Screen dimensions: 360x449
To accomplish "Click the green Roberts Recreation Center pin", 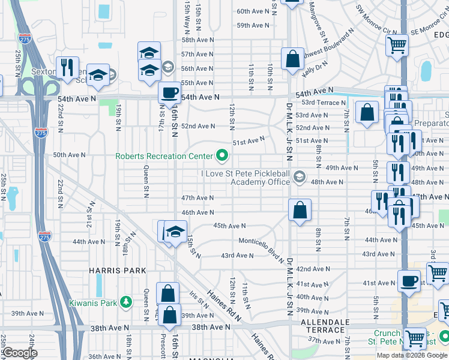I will [223, 156].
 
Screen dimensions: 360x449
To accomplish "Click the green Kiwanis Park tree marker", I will [125, 302].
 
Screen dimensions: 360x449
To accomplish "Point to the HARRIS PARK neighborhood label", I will [118, 271].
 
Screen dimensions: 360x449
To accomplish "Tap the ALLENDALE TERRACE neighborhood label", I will [324, 327].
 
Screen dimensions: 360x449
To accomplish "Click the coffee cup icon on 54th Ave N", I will [169, 93].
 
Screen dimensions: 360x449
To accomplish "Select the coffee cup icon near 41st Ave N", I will [410, 280].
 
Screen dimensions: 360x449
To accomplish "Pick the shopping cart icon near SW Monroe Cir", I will [397, 44].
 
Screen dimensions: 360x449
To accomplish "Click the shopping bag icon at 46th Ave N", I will [300, 209].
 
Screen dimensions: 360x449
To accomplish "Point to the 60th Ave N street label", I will [253, 11].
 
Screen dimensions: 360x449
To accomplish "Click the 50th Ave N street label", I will [69, 155].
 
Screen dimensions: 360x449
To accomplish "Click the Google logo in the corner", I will [20, 353].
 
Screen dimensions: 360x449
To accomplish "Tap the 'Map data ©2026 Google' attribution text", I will [412, 355].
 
